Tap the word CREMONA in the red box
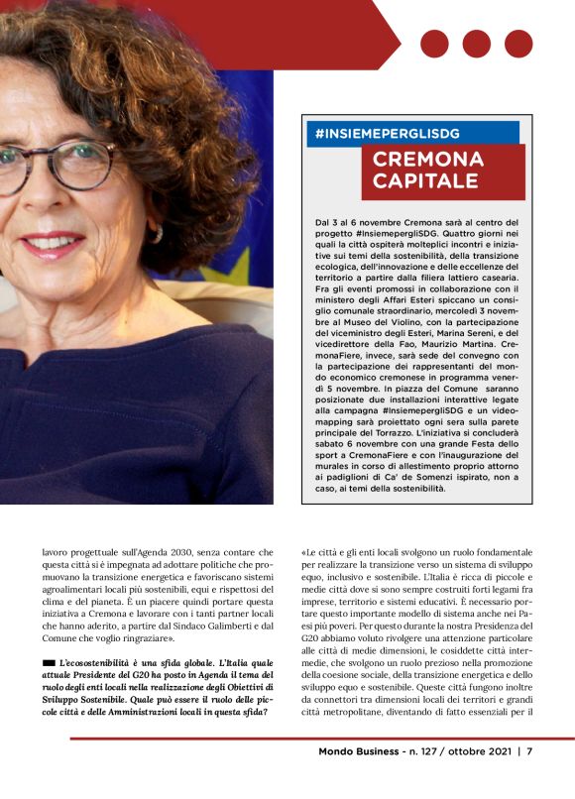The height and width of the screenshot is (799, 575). point(428,160)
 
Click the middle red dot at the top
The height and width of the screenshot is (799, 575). point(476,44)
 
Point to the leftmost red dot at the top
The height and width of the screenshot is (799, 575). point(434,44)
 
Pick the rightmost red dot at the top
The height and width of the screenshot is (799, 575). point(518,44)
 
